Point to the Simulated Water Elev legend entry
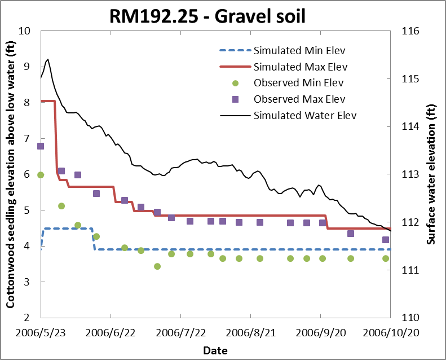point(305,116)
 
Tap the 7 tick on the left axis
point(26,139)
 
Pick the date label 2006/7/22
point(180,333)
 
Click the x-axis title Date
point(215,350)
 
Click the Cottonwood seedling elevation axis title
point(10,175)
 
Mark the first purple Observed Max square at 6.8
point(41,146)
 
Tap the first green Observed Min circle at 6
point(41,175)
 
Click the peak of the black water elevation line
point(48,59)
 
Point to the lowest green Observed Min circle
point(157,266)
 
